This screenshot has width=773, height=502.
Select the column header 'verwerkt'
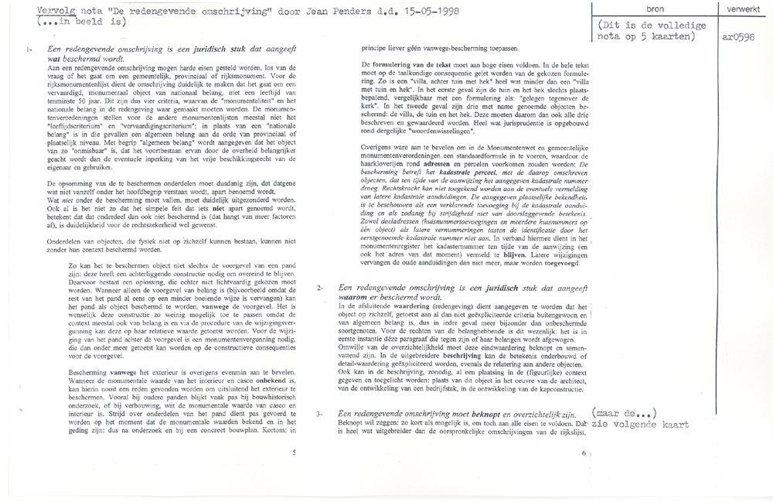(x=741, y=9)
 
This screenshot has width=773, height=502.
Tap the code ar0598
(x=737, y=35)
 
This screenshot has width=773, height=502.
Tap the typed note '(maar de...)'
(x=626, y=413)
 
